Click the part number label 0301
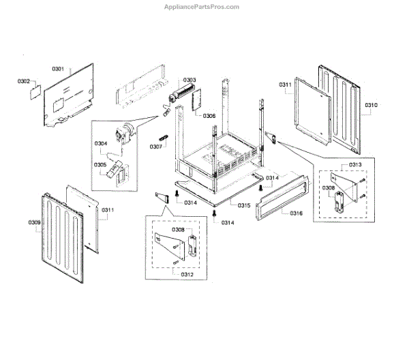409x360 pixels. pyautogui.click(x=58, y=69)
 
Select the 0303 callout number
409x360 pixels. pyautogui.click(x=189, y=80)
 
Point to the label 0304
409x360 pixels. pyautogui.click(x=101, y=143)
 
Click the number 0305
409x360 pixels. pyautogui.click(x=100, y=164)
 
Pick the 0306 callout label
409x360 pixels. pyautogui.click(x=209, y=116)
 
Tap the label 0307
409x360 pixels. pyautogui.click(x=156, y=146)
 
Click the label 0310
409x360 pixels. pyautogui.click(x=371, y=106)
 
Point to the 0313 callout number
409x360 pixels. pyautogui.click(x=355, y=165)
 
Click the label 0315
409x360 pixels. pyautogui.click(x=243, y=205)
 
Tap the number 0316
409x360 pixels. pyautogui.click(x=296, y=213)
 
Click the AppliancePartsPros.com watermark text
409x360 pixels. pyautogui.click(x=203, y=7)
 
